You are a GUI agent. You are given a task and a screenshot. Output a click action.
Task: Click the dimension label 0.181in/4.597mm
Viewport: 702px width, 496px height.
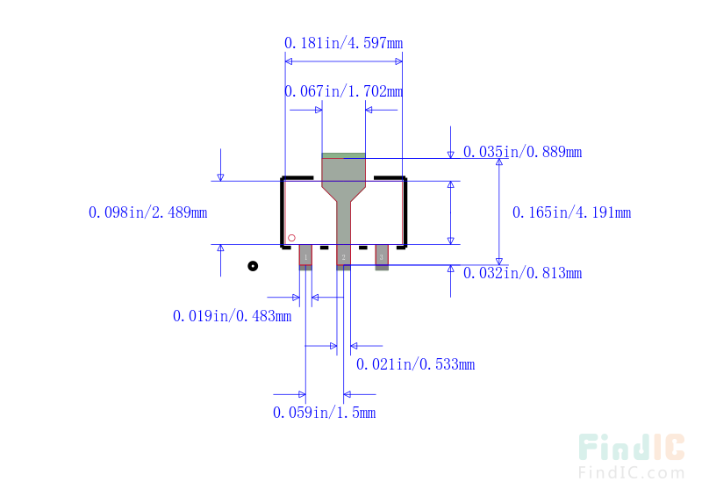coord(343,43)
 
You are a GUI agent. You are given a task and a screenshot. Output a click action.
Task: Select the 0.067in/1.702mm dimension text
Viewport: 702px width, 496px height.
coord(343,91)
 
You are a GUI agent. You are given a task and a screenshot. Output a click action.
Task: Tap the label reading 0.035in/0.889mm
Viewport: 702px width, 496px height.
coord(522,152)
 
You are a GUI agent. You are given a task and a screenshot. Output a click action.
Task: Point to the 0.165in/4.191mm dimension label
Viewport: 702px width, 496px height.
coord(572,212)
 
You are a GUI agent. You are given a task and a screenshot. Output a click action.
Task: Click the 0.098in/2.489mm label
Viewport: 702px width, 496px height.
coord(147,212)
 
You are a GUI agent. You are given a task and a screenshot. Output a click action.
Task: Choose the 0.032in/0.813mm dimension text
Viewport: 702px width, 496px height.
coord(522,273)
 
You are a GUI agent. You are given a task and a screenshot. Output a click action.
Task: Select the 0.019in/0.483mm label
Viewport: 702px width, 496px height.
coord(232,316)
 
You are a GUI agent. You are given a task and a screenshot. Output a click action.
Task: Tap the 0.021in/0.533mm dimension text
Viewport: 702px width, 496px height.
coord(415,364)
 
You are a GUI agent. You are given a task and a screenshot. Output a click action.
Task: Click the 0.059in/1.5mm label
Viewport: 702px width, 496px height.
coord(324,413)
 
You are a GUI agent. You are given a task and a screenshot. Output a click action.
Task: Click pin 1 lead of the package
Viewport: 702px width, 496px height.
coord(305,257)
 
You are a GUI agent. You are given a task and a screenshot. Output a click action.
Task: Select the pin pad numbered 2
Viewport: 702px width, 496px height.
coord(343,257)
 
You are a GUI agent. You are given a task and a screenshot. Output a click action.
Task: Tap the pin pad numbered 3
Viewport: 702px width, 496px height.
coord(382,257)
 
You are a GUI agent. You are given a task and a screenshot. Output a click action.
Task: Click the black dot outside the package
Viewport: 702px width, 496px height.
coord(253,266)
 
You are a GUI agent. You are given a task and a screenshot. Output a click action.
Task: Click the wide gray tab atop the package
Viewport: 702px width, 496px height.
coord(343,170)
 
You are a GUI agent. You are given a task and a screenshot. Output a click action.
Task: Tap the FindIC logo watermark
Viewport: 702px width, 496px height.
coord(632,447)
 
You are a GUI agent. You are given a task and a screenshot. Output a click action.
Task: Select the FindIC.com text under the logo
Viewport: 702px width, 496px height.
coord(632,472)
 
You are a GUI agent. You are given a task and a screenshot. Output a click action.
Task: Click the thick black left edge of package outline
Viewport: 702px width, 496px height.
coord(283,212)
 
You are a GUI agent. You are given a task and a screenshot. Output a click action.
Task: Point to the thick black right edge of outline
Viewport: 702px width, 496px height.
coord(405,212)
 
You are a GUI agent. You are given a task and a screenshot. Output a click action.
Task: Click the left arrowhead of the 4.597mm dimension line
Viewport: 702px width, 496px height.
coord(289,61)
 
